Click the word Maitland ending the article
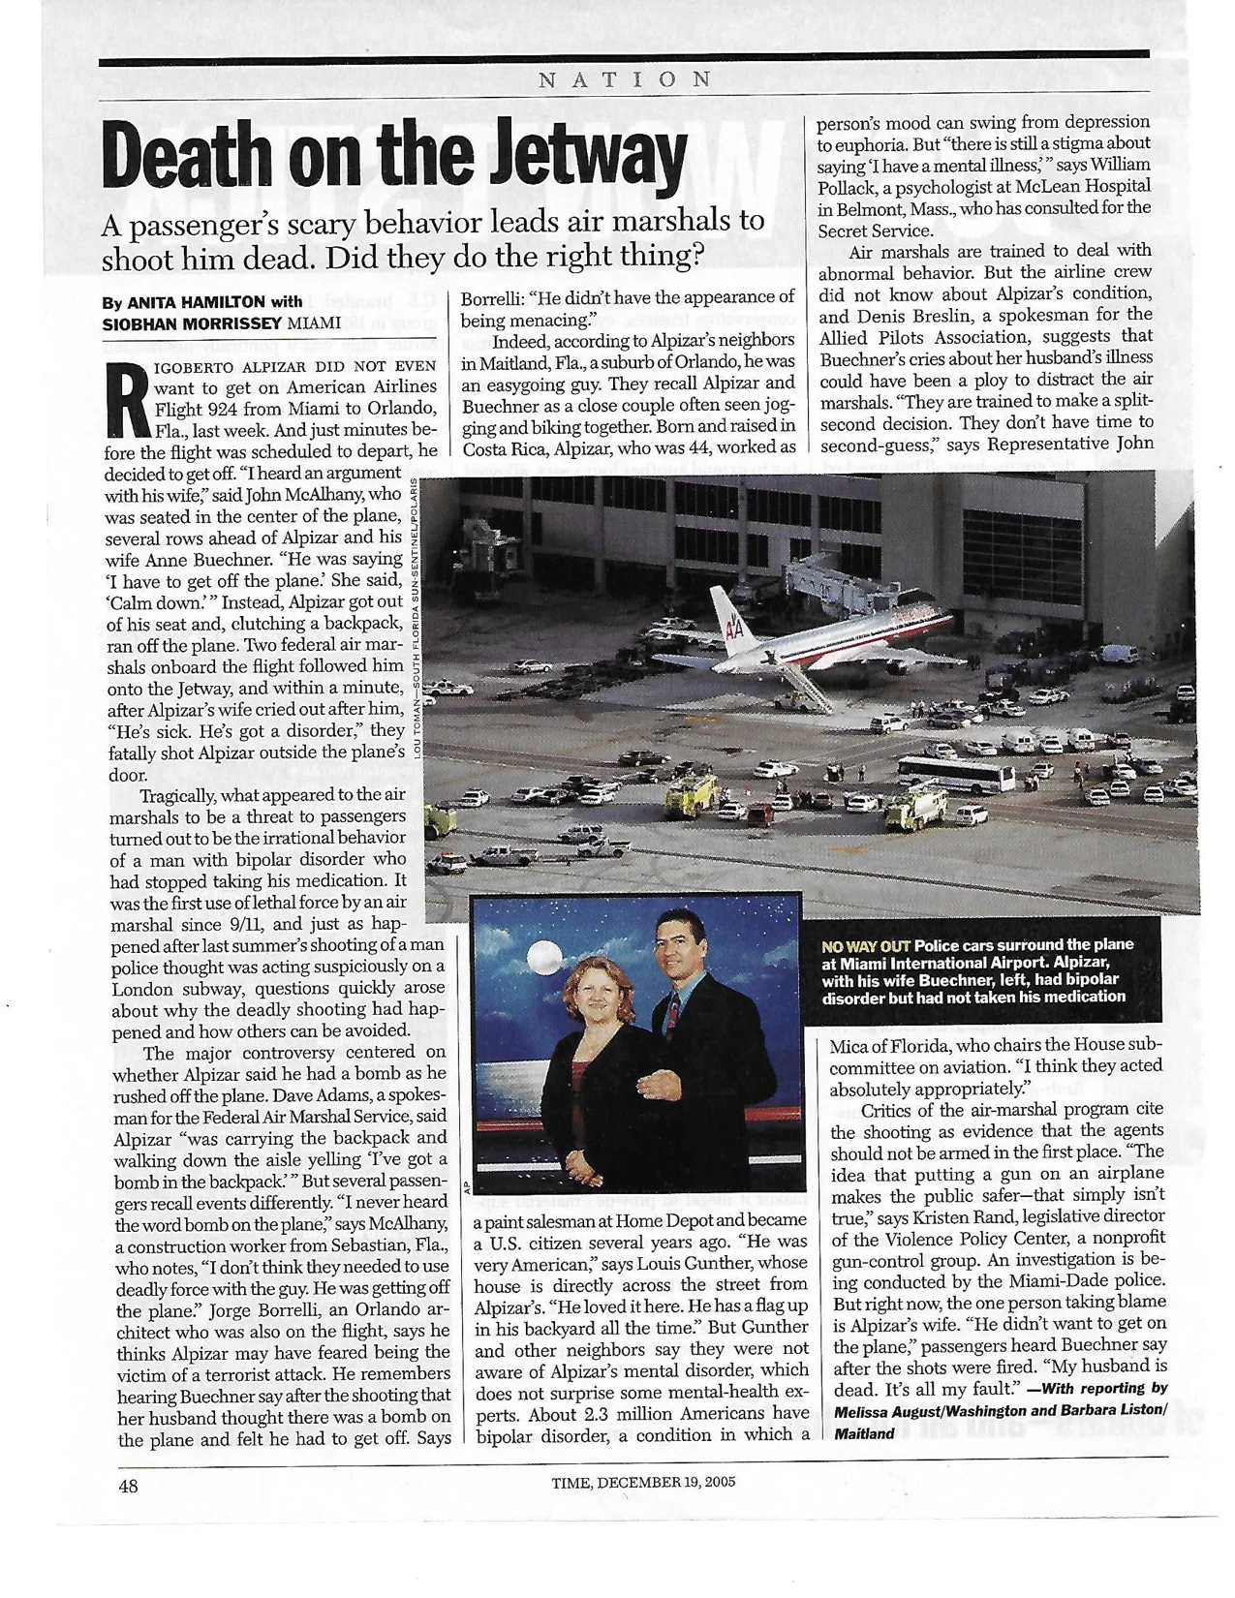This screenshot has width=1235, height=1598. point(864,1434)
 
